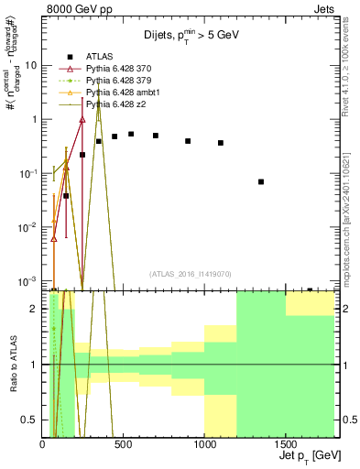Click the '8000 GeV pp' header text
74,8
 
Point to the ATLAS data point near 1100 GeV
221,143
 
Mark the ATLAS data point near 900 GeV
188,141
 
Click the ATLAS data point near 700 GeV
156,136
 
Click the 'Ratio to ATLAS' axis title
12,365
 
